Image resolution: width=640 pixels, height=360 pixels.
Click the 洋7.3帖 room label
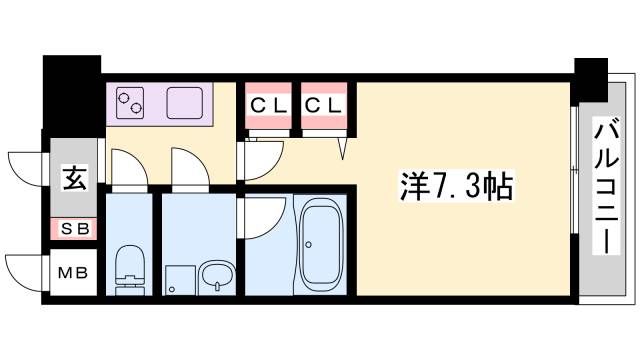pyautogui.click(x=456, y=186)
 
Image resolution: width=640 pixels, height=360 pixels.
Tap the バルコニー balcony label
pyautogui.click(x=607, y=185)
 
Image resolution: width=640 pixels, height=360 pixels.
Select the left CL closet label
pyautogui.click(x=268, y=106)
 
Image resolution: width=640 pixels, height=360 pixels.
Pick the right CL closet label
pyautogui.click(x=323, y=106)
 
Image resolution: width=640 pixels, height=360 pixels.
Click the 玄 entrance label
pyautogui.click(x=75, y=178)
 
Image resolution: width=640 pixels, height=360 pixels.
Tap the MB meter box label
pyautogui.click(x=73, y=272)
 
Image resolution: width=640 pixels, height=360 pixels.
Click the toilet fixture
pyautogui.click(x=130, y=270)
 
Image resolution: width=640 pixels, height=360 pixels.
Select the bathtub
pyautogui.click(x=321, y=244)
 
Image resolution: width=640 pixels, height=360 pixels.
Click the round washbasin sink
pyautogui.click(x=217, y=277)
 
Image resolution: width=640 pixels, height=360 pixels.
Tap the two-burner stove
pyautogui.click(x=129, y=103)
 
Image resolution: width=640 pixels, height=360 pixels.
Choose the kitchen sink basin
pyautogui.click(x=184, y=103)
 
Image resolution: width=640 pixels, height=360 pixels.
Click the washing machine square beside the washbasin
pyautogui.click(x=180, y=280)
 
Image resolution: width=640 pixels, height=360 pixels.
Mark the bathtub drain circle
pyautogui.click(x=309, y=245)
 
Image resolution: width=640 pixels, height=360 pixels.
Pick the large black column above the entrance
pyautogui.click(x=72, y=96)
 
